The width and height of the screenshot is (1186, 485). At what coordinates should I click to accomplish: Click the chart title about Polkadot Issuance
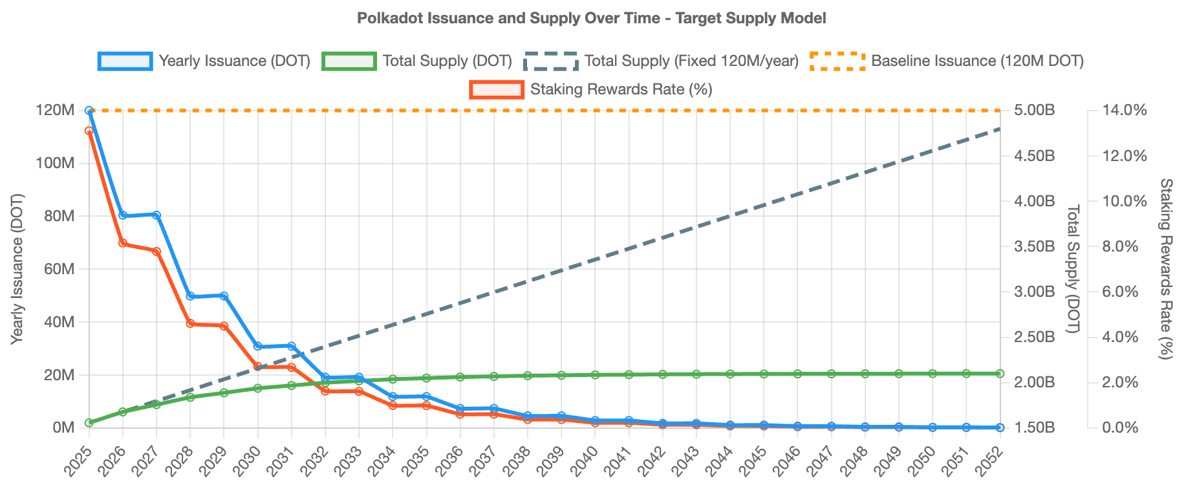click(591, 18)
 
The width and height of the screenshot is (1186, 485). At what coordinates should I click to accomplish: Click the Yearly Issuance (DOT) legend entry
click(205, 61)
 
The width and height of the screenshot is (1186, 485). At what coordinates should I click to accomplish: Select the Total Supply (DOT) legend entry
click(417, 61)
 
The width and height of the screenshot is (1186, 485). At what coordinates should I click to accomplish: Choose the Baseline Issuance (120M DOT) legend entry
click(947, 61)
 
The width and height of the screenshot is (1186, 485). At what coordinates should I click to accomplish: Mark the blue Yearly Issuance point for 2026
click(123, 215)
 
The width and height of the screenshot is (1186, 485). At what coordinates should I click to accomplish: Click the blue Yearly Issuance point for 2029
click(224, 296)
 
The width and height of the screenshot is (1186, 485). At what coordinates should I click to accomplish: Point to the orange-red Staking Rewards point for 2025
click(89, 131)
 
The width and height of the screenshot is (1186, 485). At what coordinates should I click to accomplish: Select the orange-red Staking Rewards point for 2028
click(190, 323)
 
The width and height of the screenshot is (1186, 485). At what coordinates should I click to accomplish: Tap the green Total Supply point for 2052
click(1000, 374)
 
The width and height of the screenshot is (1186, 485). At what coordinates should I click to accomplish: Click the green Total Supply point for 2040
click(595, 375)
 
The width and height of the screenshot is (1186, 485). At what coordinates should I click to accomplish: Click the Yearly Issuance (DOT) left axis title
click(17, 268)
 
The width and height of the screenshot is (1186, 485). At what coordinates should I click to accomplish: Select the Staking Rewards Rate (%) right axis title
click(1165, 268)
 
